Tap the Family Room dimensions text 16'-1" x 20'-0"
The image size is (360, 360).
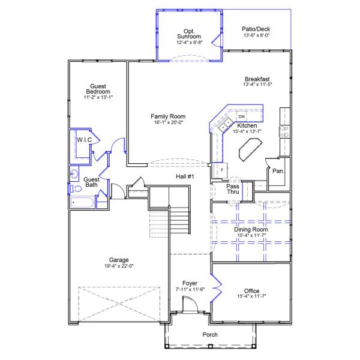coord(168,122)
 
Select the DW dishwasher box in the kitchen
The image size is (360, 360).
coord(241,116)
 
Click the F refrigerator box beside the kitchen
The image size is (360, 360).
coord(221,170)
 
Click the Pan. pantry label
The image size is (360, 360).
coord(278,171)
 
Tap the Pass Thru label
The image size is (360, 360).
coord(233,190)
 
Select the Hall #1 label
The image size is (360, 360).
coord(185,176)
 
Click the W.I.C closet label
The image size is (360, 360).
coord(83,139)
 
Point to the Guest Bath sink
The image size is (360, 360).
coord(74,175)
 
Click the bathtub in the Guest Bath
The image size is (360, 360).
coord(82,202)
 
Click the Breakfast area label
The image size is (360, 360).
coord(257,79)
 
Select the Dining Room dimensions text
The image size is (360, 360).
coord(251,235)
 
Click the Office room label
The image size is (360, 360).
coord(251,290)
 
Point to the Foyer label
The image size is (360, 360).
coord(190,283)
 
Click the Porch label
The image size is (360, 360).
coord(210,335)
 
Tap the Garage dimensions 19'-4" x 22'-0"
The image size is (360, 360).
coord(118,266)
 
